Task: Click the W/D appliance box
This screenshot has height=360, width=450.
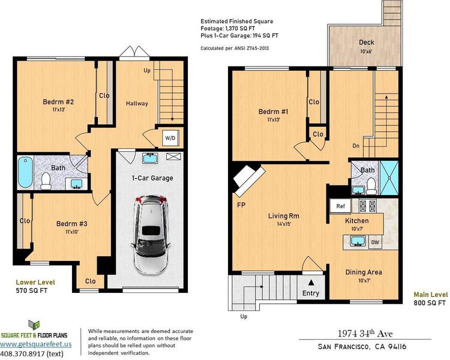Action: [170, 138]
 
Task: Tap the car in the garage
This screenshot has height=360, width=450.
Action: [150, 234]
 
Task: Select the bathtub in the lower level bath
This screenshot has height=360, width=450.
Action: [25, 172]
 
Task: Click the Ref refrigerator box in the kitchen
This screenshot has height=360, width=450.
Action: [340, 206]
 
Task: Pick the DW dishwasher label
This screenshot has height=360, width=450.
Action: [375, 242]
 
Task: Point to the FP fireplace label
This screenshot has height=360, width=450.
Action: [241, 205]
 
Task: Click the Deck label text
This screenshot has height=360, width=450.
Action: [367, 42]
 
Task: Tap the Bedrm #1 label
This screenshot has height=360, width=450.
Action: [273, 112]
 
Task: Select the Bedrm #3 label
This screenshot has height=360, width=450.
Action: [71, 224]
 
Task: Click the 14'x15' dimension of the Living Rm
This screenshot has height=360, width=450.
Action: [284, 224]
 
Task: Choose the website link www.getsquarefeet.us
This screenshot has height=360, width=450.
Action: [36, 344]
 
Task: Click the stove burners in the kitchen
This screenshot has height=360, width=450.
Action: [368, 206]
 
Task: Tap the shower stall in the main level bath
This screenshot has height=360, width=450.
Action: [389, 178]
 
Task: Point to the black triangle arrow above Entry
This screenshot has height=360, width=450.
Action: [311, 283]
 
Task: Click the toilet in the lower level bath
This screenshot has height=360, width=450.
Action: [46, 181]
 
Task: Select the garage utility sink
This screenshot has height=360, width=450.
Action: [150, 158]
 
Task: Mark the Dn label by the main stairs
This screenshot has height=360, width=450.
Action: [356, 146]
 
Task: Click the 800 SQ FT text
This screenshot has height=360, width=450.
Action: [430, 303]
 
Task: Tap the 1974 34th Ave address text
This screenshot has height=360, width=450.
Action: [365, 334]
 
